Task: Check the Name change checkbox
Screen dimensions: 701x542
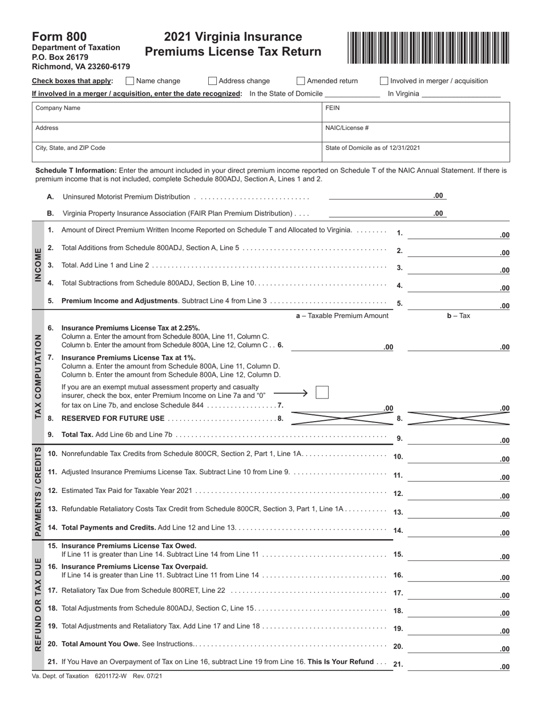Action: pos(130,81)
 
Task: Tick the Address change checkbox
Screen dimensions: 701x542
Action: pos(213,81)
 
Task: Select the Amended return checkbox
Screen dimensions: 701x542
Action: pos(301,81)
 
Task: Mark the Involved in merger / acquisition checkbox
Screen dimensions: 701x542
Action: pos(384,81)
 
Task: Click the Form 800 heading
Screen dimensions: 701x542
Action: pos(59,37)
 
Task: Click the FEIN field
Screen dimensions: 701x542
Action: pos(416,112)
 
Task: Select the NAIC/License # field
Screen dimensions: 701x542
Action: pos(416,132)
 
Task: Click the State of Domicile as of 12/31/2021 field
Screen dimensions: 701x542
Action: pos(416,152)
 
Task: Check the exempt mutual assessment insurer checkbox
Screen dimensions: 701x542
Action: pos(322,392)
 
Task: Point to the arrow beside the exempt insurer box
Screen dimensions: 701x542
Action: pos(291,393)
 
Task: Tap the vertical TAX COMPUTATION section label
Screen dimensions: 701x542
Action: pos(38,377)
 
